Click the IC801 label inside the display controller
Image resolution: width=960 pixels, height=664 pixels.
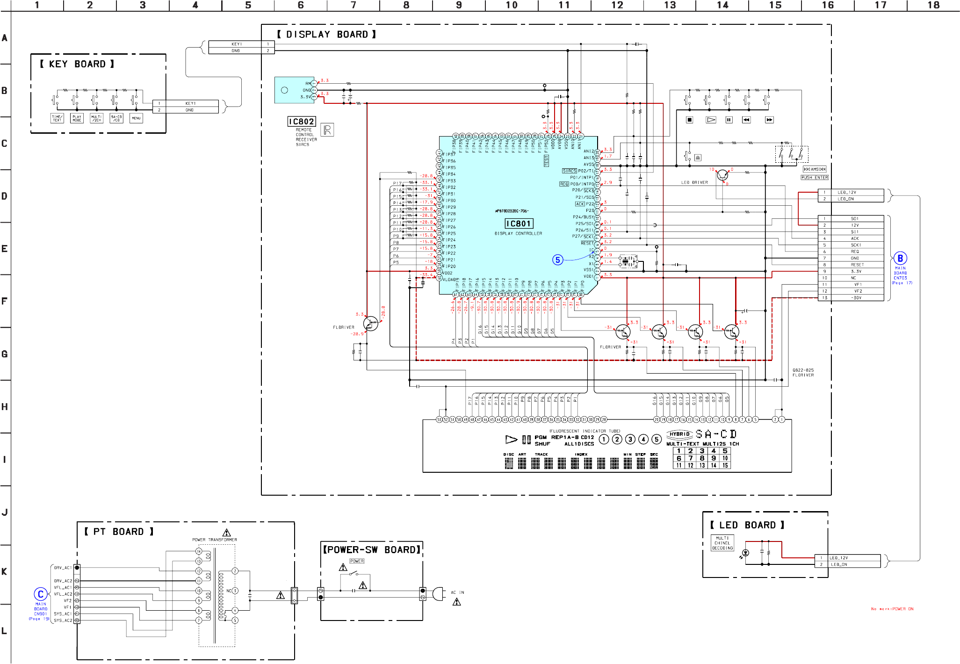(x=519, y=224)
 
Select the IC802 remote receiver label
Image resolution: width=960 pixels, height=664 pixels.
(x=302, y=122)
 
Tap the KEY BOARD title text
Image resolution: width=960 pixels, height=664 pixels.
(x=77, y=64)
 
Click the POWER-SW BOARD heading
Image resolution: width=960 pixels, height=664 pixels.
(x=371, y=549)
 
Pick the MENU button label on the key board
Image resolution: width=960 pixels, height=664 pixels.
(x=136, y=118)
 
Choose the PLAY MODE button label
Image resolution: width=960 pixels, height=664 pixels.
(x=77, y=118)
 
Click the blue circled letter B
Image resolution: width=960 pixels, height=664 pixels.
(x=900, y=258)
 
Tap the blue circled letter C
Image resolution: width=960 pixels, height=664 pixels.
(x=41, y=594)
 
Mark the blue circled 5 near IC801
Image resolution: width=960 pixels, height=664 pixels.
(x=557, y=260)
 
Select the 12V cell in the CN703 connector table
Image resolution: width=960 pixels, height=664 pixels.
(x=855, y=225)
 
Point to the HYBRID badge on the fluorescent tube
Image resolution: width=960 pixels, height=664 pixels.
(x=679, y=434)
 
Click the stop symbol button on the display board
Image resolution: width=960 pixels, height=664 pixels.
(x=689, y=120)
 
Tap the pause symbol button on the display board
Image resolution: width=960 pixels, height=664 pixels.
(x=729, y=120)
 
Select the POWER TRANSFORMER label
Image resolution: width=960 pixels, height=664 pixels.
(x=215, y=540)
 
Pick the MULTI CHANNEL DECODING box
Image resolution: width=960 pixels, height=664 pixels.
(x=722, y=543)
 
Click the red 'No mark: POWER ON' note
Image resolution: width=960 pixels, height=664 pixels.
(x=892, y=609)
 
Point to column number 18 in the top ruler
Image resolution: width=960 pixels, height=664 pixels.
(x=933, y=5)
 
